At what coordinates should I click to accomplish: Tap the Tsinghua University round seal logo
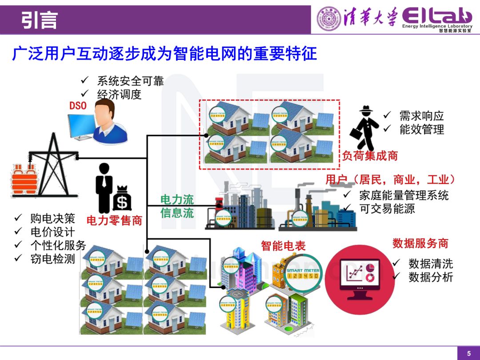point(328,19)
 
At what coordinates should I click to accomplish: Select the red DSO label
point(78,106)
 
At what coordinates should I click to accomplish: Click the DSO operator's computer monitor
point(82,124)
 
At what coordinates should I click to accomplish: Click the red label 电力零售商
point(114,220)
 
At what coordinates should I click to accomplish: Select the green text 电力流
point(177,200)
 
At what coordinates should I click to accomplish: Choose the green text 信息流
point(177,213)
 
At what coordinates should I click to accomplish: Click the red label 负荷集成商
point(370,156)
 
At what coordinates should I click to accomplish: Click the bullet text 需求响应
point(421,116)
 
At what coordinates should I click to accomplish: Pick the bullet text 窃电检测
point(52,259)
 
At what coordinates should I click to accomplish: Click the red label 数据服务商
point(420,243)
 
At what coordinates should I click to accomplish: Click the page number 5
point(468,353)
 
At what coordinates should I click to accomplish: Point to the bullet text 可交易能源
point(387,208)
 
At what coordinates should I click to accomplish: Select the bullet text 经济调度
point(119,94)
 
